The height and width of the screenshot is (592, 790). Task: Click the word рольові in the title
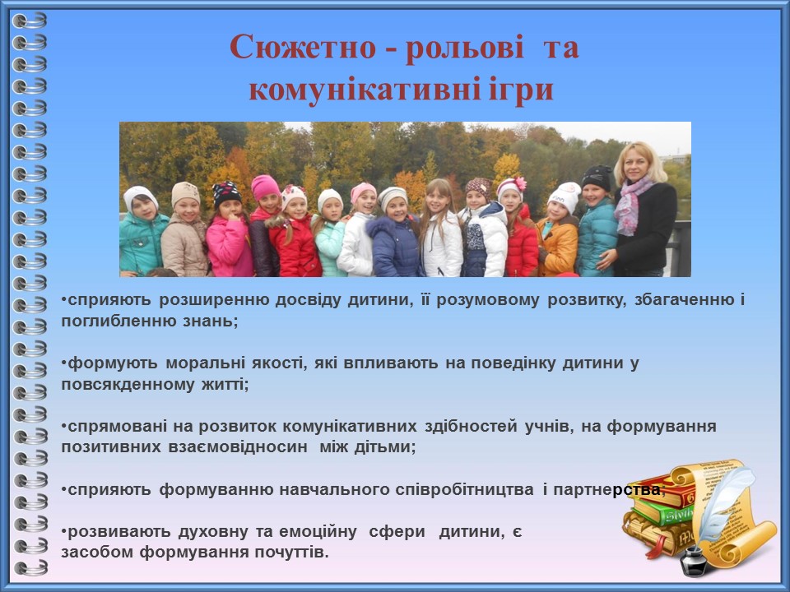click(x=465, y=48)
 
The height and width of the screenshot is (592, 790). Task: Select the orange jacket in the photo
click(x=558, y=246)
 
